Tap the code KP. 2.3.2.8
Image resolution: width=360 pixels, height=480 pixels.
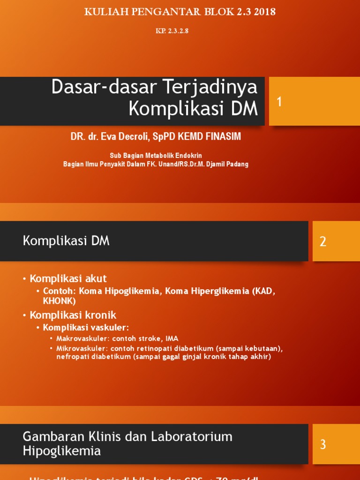tap(172, 31)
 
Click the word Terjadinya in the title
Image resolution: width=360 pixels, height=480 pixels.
tap(210, 87)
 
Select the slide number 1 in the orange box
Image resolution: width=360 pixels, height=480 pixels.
tap(279, 102)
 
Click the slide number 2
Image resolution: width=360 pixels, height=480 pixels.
tap(323, 241)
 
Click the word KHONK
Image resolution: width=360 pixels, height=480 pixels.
tap(59, 301)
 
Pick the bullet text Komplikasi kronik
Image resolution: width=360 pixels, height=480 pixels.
tap(73, 315)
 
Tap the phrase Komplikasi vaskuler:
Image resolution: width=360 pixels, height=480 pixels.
tap(86, 327)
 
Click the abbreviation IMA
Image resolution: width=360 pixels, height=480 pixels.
tap(172, 338)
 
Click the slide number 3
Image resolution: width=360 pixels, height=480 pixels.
tap(323, 444)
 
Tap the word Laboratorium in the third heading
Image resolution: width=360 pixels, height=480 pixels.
tap(192, 437)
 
